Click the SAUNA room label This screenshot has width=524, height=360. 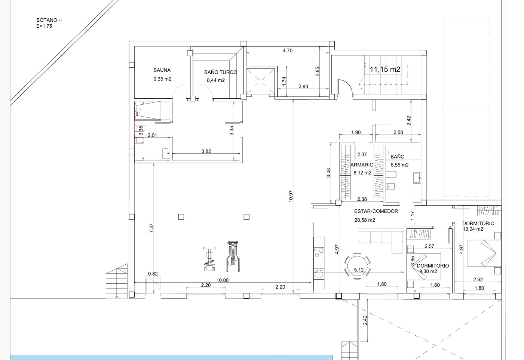[x=162, y=70]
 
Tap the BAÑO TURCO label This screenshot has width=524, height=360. [x=221, y=72]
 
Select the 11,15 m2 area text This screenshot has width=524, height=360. [x=385, y=70]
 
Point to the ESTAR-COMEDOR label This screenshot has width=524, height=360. [x=376, y=211]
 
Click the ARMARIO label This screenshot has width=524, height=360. [x=362, y=165]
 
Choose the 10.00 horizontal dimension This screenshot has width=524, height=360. [x=223, y=280]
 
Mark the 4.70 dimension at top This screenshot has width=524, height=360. [x=288, y=50]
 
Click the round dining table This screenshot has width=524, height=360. [x=358, y=266]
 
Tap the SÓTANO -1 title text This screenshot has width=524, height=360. [x=50, y=20]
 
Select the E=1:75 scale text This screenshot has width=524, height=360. [x=44, y=26]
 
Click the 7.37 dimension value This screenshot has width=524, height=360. [x=151, y=228]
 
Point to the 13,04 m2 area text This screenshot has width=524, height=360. [x=473, y=229]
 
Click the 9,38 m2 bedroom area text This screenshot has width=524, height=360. [x=428, y=271]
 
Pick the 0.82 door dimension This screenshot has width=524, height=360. [x=153, y=274]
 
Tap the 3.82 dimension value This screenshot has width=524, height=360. [x=206, y=151]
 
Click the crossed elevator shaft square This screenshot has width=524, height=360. [x=260, y=81]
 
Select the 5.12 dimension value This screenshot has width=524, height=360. [x=359, y=270]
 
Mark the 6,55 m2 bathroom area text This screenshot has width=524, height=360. [x=399, y=165]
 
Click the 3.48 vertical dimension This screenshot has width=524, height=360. [x=329, y=173]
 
